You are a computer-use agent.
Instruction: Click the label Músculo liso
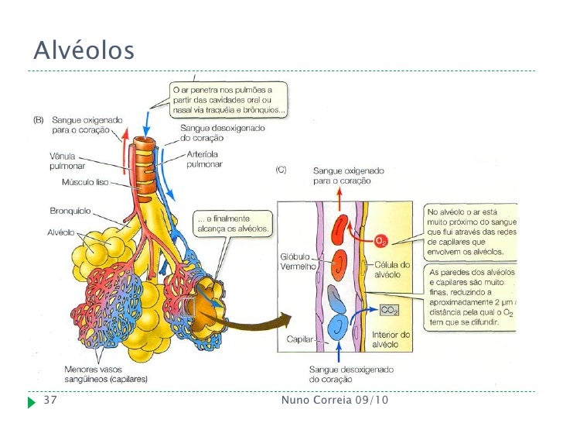coord(84,183)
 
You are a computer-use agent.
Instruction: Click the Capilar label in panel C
coord(298,339)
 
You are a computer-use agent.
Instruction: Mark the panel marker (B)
coord(37,120)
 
